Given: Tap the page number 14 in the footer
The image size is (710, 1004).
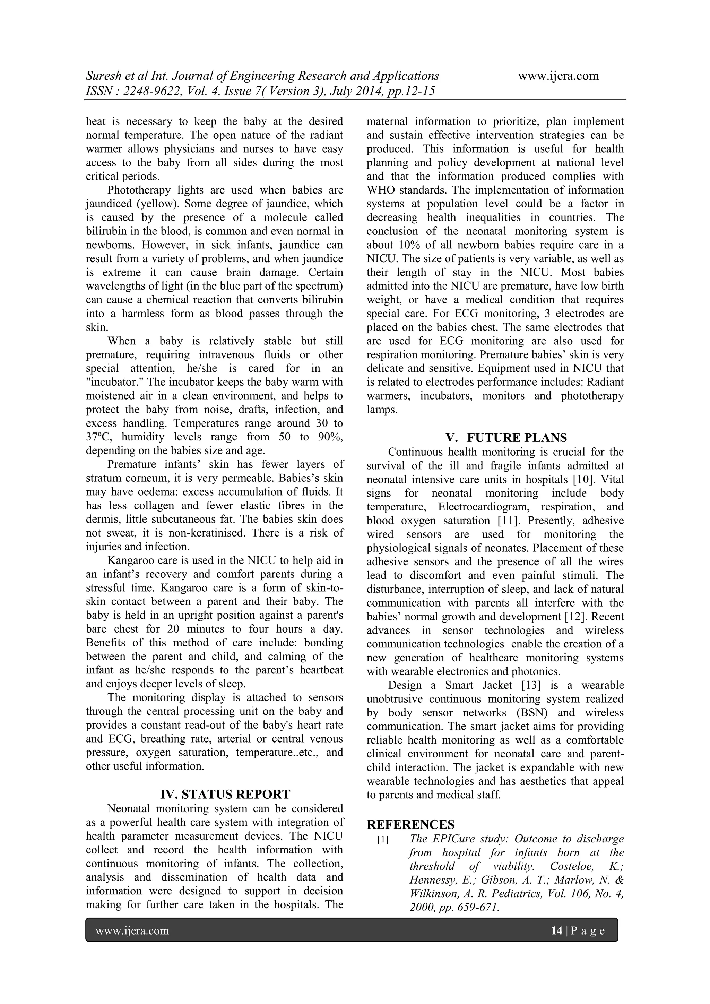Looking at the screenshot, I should point(556,930).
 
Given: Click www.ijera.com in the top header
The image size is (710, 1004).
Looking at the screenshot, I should point(558,76).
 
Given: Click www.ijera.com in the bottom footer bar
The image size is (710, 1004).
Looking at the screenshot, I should point(132,930).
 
